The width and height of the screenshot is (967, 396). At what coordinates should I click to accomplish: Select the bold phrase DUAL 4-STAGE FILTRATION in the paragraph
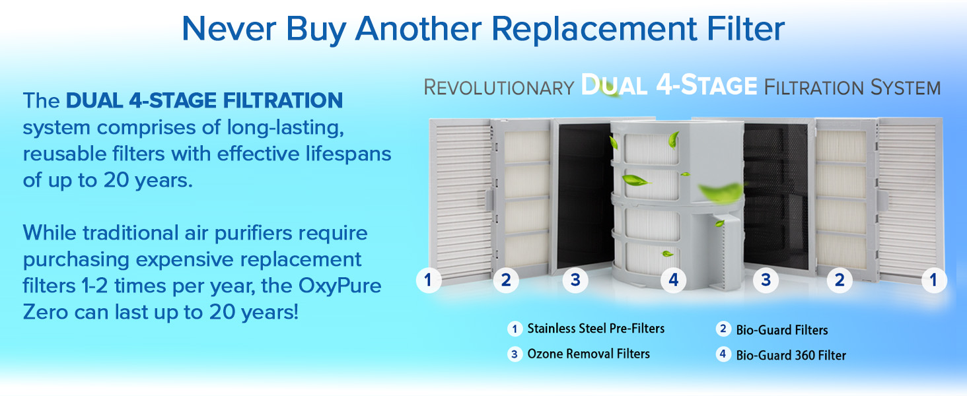[x=204, y=101]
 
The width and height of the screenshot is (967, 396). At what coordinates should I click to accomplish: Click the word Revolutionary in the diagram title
[x=498, y=87]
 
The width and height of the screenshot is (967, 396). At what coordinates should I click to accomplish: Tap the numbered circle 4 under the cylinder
[x=673, y=280]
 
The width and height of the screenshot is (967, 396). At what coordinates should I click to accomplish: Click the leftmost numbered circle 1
[x=428, y=280]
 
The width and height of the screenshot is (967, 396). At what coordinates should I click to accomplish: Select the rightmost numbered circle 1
[x=933, y=280]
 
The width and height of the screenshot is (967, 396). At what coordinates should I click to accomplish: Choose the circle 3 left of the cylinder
[x=575, y=280]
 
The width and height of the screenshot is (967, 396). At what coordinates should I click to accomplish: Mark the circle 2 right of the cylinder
[x=840, y=280]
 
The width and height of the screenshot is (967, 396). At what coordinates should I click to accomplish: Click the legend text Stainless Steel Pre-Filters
[x=596, y=328]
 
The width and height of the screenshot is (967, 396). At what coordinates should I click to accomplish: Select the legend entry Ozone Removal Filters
[x=589, y=354]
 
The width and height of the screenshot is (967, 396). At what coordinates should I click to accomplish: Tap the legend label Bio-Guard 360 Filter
[x=791, y=355]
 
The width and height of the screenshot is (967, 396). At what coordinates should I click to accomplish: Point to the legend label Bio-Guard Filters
[x=781, y=329]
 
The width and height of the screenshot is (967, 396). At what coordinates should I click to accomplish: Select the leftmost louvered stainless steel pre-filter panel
[x=460, y=198]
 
